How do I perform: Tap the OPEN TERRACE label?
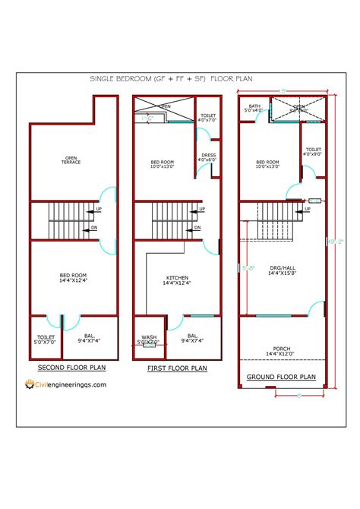pos(72,160)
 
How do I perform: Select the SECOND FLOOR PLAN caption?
pos(72,368)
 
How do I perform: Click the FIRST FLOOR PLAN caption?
pos(177,368)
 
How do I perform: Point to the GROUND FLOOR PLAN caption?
pos(281,376)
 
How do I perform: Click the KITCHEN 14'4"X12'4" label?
pos(175,280)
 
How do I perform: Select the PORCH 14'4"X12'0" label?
pos(281,352)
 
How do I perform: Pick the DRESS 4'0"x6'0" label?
pos(207,157)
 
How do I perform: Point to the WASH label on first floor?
pos(149,340)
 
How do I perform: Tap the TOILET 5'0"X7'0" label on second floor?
pos(46,339)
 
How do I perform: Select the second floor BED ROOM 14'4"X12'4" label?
pos(73,278)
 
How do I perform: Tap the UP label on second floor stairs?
pos(99,209)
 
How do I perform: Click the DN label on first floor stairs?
pos(197,227)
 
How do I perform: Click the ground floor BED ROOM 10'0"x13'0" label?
pos(267,164)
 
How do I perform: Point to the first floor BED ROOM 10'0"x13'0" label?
pos(165,164)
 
